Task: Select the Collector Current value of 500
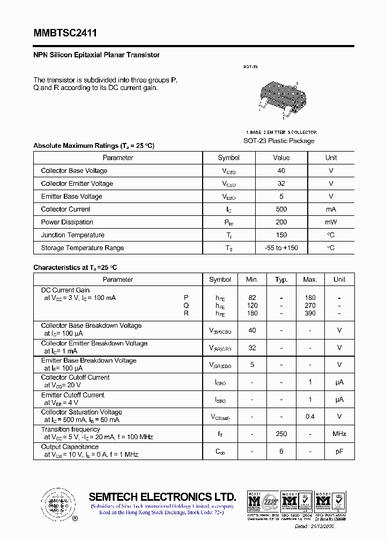[x=281, y=209]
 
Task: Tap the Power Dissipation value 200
[x=281, y=222]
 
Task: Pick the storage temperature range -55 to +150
[x=281, y=248]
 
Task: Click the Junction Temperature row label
[x=72, y=235]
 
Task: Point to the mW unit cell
[x=331, y=222]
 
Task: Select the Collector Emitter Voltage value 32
[x=281, y=184]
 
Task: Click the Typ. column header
[x=281, y=280]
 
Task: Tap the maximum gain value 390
[x=310, y=313]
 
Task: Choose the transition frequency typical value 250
[x=281, y=434]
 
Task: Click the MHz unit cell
[x=339, y=434]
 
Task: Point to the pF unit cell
[x=339, y=451]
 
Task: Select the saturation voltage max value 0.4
[x=310, y=417]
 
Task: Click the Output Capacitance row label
[x=70, y=447]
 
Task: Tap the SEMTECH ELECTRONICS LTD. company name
[x=162, y=496]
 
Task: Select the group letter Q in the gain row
[x=186, y=305]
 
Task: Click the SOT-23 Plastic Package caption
[x=279, y=141]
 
